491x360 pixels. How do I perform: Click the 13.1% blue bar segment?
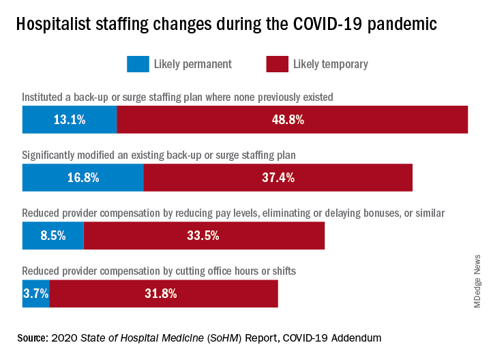(x=70, y=119)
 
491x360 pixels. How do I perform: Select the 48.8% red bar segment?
(x=292, y=119)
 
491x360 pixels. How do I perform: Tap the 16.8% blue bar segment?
(x=83, y=177)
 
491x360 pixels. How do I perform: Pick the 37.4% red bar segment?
(x=278, y=177)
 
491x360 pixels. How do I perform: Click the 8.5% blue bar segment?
(x=53, y=236)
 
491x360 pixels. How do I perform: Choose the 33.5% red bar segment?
(x=204, y=236)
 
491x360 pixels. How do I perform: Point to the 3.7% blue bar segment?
(x=35, y=294)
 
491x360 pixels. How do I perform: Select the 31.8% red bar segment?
(x=164, y=294)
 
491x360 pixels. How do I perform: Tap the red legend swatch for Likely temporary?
(x=276, y=64)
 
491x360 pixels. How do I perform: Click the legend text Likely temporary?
(x=330, y=64)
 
